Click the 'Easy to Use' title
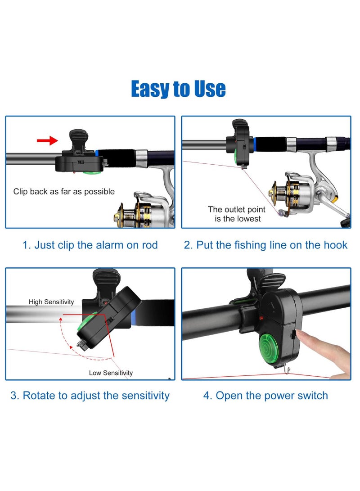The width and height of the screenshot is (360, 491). tap(178, 89)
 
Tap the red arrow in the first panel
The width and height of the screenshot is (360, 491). tap(47, 141)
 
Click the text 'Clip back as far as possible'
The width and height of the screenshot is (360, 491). tap(64, 192)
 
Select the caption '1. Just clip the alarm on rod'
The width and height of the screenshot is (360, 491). tap(90, 245)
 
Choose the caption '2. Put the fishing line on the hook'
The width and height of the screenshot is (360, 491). tap(265, 245)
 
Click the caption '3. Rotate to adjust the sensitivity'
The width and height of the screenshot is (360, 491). tap(90, 396)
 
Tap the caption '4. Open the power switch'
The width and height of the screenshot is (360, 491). tap(265, 396)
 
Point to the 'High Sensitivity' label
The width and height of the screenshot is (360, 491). tap(51, 302)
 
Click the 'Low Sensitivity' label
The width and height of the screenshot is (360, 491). tap(111, 373)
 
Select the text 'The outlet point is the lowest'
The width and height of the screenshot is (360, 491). tap(236, 214)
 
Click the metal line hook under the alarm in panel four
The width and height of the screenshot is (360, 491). tap(286, 371)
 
